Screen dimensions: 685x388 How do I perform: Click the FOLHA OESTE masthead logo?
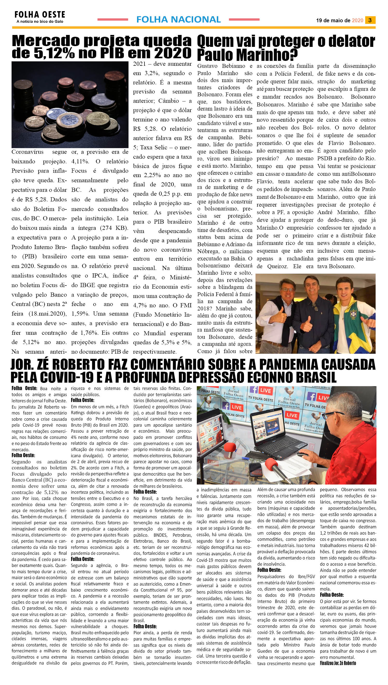[x=40, y=15]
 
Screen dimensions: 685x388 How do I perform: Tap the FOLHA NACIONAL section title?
[x=178, y=19]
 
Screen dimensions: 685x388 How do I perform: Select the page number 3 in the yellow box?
[x=370, y=20]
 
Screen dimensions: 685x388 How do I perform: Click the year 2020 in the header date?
[x=357, y=20]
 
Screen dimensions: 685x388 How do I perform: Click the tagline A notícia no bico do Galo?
[x=40, y=21]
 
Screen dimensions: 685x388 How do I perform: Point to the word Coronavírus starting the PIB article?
[x=27, y=152]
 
